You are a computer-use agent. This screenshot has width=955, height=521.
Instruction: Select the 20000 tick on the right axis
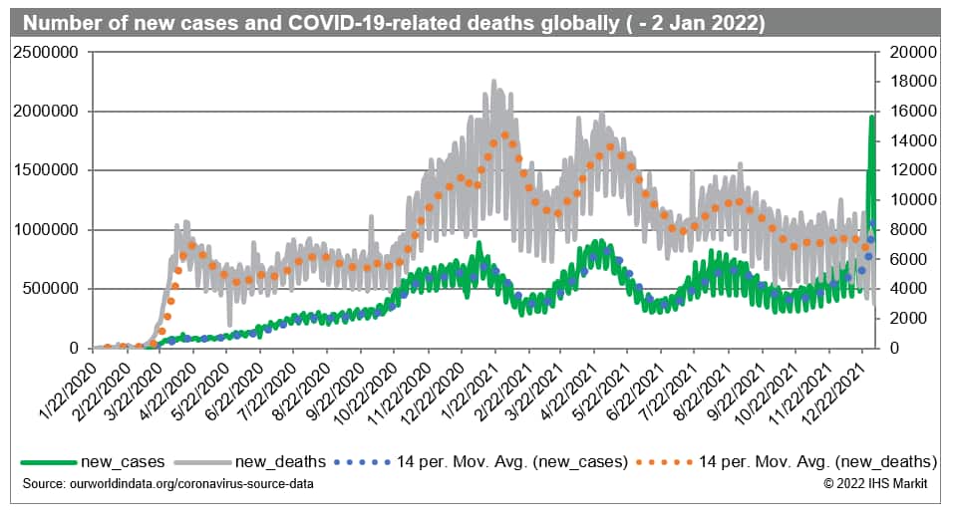[906, 52]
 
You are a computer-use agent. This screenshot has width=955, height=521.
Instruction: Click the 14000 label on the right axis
[906, 140]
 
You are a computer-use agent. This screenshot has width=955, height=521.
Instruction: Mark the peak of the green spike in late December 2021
[872, 117]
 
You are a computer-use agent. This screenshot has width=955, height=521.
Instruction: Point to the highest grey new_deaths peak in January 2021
[494, 81]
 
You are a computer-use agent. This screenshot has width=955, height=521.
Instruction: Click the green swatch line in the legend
[48, 461]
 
